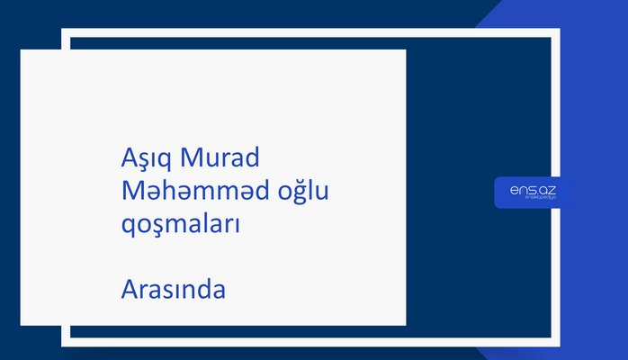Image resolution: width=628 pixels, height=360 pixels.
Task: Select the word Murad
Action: (220, 158)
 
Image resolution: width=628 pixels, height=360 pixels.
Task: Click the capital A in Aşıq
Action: (128, 158)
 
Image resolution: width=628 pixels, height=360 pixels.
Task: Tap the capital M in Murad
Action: (191, 158)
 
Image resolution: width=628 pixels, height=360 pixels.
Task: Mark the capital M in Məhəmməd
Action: (131, 191)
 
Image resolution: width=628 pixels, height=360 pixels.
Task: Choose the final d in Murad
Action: (252, 158)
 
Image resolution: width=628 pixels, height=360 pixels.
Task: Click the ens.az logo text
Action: (533, 189)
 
